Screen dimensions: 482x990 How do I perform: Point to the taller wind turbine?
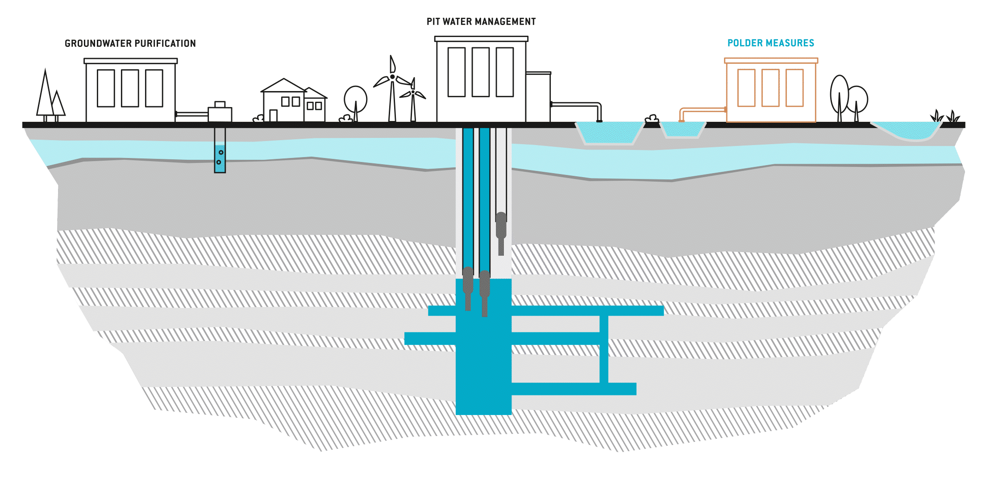pos(392,89)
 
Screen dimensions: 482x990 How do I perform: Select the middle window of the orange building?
pos(770,88)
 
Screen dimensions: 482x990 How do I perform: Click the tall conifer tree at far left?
pos(45,96)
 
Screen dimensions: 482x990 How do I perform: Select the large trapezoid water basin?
pos(609,133)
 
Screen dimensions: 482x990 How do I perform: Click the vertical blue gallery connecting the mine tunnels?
pos(604,348)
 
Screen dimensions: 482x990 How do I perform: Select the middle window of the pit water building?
pos(480,72)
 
